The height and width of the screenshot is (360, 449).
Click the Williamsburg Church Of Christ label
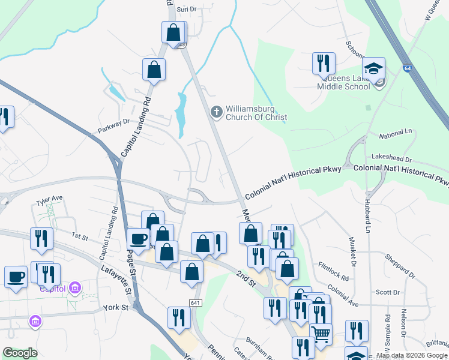pos(256,113)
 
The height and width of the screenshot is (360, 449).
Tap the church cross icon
pos(216,112)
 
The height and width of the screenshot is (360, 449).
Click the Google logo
pos(20,353)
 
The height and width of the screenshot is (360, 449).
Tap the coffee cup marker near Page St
pos(138,239)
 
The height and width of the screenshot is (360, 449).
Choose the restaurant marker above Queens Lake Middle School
pos(324,62)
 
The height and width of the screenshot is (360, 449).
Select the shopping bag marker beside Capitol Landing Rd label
pos(154,69)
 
